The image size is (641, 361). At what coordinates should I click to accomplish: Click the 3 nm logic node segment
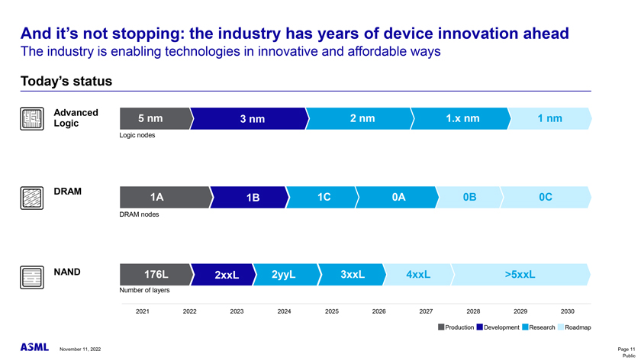click(x=251, y=119)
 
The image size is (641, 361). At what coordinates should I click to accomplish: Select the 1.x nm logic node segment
click(x=462, y=118)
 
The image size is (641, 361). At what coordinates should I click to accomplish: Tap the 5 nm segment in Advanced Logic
click(x=150, y=118)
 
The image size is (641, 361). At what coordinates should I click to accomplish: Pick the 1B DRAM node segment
click(x=253, y=198)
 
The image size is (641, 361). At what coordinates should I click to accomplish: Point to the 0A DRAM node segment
click(x=398, y=197)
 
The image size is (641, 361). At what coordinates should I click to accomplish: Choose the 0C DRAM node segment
click(x=545, y=197)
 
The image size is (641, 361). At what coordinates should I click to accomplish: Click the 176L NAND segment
click(x=156, y=275)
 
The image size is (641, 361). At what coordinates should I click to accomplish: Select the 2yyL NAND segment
click(x=283, y=275)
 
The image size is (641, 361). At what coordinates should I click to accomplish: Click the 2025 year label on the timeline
click(x=332, y=311)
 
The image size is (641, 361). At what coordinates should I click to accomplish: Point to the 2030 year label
click(x=568, y=311)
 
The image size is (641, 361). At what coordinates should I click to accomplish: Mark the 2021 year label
click(x=142, y=311)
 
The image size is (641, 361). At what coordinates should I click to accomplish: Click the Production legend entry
click(x=455, y=327)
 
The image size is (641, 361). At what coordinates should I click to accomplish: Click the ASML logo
click(x=34, y=348)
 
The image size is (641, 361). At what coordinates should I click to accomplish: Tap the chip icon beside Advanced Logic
click(x=31, y=119)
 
